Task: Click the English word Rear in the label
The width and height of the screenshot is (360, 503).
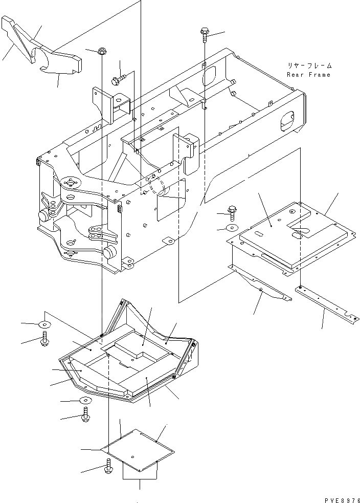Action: point(295,75)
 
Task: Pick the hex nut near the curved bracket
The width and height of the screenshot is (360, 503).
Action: point(102,51)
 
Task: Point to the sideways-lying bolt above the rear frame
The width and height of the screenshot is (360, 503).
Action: point(118,79)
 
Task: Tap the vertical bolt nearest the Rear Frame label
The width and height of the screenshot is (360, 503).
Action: point(204,34)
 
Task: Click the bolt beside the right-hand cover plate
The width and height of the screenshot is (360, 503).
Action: point(232,210)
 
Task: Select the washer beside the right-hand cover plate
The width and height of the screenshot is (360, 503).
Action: point(232,228)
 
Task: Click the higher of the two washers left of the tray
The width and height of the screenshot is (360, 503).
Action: point(44,324)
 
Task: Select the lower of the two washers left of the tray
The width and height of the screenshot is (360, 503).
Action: point(85,401)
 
